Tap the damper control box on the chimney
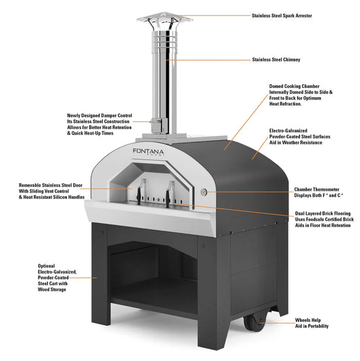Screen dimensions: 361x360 157,124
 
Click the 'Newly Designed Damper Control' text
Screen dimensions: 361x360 99,116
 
